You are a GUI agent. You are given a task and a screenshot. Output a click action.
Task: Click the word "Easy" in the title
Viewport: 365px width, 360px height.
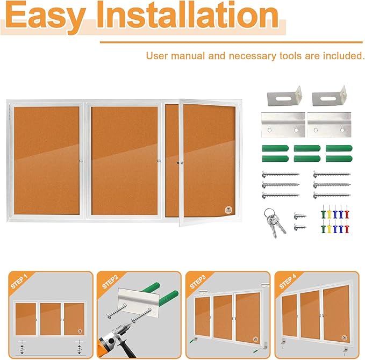coord(45,16)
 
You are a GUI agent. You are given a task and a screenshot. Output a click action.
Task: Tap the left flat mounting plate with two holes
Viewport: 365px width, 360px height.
coord(282,125)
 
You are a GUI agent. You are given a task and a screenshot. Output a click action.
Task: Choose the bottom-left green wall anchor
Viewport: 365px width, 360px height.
coord(272,159)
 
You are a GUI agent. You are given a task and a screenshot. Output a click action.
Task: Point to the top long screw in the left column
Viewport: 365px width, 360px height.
coord(280,174)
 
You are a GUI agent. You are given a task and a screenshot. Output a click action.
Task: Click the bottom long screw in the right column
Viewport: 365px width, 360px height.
coord(331,194)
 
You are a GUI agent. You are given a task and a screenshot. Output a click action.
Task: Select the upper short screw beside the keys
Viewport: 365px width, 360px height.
coord(299,216)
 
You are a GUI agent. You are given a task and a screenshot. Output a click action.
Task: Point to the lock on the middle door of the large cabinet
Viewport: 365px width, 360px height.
coord(160,161)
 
